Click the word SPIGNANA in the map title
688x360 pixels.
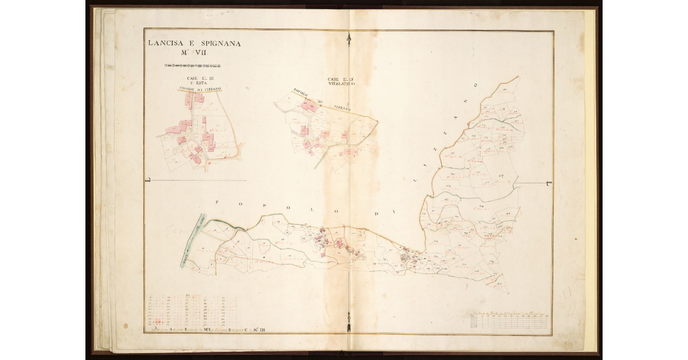click(x=214, y=43)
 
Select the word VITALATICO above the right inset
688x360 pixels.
click(x=341, y=84)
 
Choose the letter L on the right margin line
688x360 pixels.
click(x=549, y=183)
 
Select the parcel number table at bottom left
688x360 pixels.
click(x=192, y=312)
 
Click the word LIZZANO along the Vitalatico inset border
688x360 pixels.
click(x=342, y=107)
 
